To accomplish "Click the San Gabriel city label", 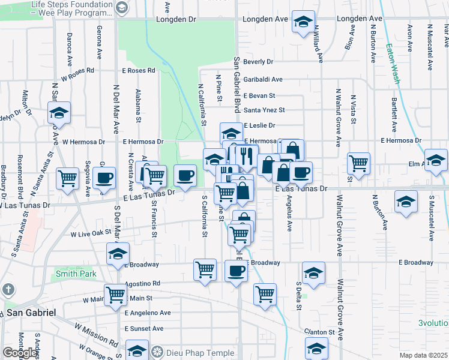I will [31, 313].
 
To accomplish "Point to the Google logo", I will [19, 353].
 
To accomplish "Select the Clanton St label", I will [318, 332].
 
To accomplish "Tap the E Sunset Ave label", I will [144, 329].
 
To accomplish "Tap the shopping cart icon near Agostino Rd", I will [115, 294].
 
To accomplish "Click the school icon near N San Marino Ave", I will [59, 112].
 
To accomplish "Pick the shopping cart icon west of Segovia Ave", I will [68, 178].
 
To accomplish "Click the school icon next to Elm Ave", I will [436, 159].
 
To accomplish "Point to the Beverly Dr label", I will [259, 62].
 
